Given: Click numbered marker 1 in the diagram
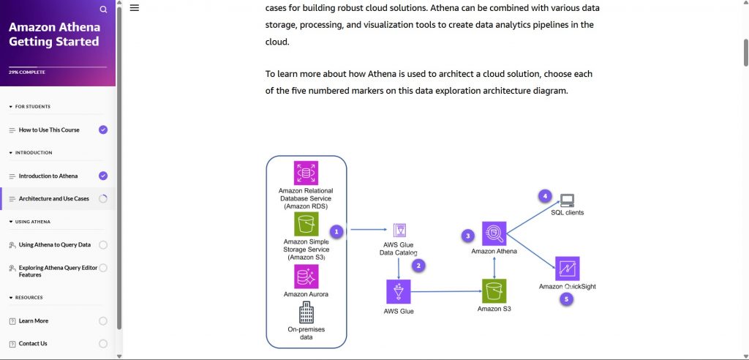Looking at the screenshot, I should click(336, 231).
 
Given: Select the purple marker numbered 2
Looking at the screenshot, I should click(418, 266).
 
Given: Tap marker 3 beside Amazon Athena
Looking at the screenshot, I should click(468, 236).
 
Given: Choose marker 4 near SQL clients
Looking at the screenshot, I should click(543, 196).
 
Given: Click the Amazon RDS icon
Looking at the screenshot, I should click(306, 173).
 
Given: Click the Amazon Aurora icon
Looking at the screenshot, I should click(306, 277).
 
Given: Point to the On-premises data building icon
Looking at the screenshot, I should click(306, 312).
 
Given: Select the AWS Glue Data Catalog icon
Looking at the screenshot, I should click(399, 230).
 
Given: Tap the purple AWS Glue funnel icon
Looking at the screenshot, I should click(399, 292).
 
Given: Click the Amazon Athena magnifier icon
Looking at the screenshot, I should click(494, 234).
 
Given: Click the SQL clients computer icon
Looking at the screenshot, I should click(568, 200).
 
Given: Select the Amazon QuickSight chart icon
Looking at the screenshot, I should click(567, 269).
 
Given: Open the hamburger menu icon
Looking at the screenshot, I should click(135, 8).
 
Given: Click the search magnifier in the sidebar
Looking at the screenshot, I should click(103, 10).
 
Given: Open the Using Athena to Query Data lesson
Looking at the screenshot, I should click(54, 245).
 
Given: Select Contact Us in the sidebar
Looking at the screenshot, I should click(33, 344).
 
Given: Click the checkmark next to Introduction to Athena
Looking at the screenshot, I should click(103, 176).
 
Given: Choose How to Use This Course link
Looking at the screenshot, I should click(49, 130).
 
